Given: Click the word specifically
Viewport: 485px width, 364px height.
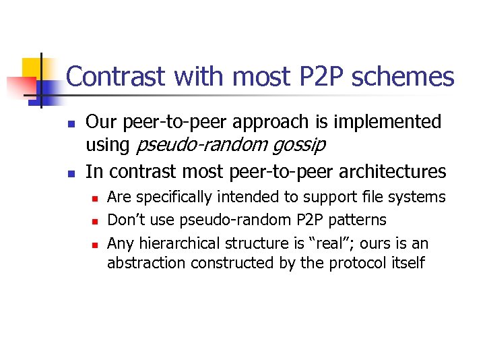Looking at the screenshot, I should coord(176,198).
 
